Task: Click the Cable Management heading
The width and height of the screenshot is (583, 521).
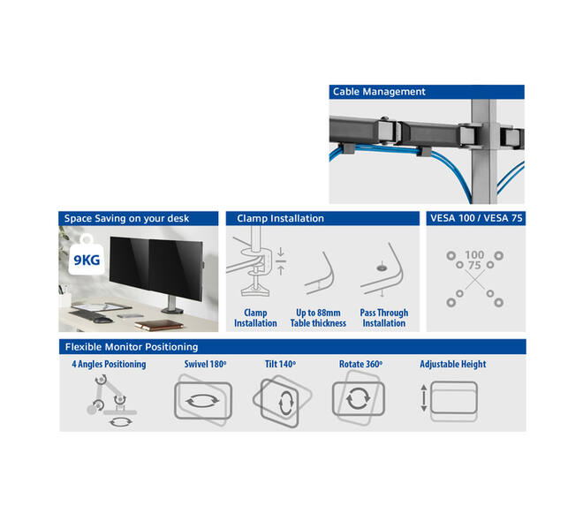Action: (378, 92)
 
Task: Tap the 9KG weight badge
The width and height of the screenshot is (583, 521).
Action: (87, 257)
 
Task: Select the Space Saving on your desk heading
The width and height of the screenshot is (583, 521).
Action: (126, 218)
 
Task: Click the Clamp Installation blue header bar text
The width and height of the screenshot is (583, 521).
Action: (280, 218)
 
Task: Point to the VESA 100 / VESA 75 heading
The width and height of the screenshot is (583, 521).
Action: (476, 218)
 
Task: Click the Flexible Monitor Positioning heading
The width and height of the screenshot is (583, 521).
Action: (132, 347)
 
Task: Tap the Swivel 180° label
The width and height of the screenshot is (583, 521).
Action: (205, 364)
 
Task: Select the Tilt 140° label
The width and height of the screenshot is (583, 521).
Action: (280, 364)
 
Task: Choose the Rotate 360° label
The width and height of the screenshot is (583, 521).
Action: (360, 364)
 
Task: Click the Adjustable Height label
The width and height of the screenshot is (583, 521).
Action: (453, 364)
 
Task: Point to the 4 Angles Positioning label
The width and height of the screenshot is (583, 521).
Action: (109, 364)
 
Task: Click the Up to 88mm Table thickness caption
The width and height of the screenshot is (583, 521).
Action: (318, 318)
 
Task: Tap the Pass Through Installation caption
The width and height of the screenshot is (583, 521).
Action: (384, 318)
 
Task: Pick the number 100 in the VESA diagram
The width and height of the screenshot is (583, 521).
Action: (474, 255)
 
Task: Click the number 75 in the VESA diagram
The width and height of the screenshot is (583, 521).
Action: (474, 265)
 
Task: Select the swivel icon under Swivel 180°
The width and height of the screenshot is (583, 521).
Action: (202, 401)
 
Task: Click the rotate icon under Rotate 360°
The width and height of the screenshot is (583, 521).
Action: (358, 398)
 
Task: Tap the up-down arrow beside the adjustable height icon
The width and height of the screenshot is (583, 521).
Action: (423, 398)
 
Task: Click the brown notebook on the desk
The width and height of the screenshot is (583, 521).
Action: (159, 326)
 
